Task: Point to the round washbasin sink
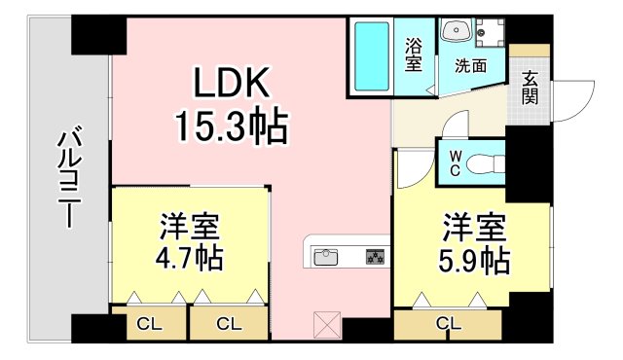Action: [x=456, y=33]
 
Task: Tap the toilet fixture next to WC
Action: [x=484, y=164]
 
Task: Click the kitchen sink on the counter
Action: [x=325, y=258]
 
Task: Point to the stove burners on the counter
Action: [x=375, y=258]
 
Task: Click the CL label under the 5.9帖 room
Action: [x=449, y=323]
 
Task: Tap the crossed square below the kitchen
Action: [x=325, y=323]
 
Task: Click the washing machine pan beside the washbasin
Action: [x=490, y=33]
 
